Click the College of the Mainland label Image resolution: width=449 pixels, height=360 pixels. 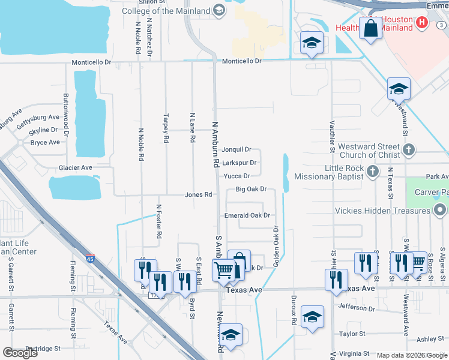[166, 11]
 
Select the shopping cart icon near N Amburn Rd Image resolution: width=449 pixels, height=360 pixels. [223, 271]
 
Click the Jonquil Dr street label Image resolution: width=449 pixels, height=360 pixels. [236, 149]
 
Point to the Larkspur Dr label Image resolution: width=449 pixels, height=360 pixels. [240, 163]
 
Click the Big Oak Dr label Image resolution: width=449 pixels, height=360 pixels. [250, 189]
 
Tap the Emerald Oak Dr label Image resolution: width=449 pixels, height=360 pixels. [247, 215]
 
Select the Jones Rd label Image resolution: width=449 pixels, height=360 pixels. [199, 194]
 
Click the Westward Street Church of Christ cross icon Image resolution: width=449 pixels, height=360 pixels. [408, 149]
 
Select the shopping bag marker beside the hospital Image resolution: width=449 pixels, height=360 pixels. [371, 28]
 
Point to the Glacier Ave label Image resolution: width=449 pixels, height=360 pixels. [75, 168]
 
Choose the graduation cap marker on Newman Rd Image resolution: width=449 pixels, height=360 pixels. [231, 335]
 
